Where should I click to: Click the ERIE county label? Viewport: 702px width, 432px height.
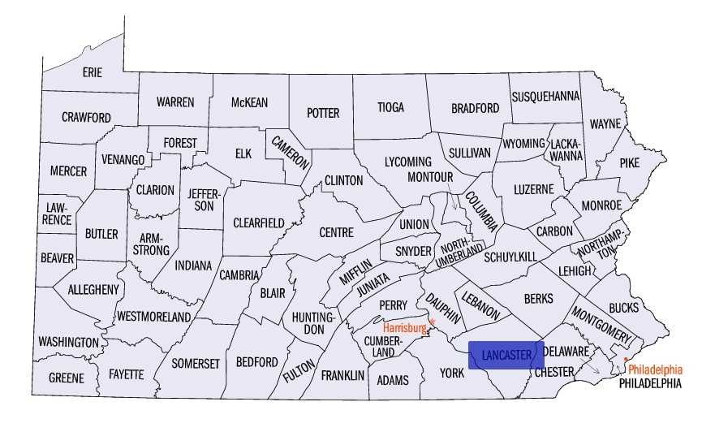click(x=92, y=72)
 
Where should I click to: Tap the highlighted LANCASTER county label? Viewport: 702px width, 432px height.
click(x=506, y=355)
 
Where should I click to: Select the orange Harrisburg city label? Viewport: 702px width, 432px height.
click(x=404, y=328)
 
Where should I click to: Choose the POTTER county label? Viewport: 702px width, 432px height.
click(x=322, y=113)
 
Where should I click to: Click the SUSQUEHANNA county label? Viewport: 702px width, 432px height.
click(x=545, y=96)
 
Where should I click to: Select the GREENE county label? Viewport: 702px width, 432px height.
click(x=66, y=378)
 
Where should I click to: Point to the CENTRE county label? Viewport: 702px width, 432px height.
click(x=336, y=232)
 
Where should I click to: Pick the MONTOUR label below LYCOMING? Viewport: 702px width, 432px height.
click(x=429, y=176)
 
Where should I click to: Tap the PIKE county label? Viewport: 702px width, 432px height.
click(x=630, y=162)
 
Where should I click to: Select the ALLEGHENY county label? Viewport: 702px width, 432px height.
click(x=93, y=289)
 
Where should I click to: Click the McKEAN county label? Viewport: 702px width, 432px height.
click(x=249, y=102)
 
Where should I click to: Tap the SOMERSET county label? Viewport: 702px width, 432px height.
click(x=196, y=363)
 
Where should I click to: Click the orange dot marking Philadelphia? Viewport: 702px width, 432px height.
click(x=626, y=359)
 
